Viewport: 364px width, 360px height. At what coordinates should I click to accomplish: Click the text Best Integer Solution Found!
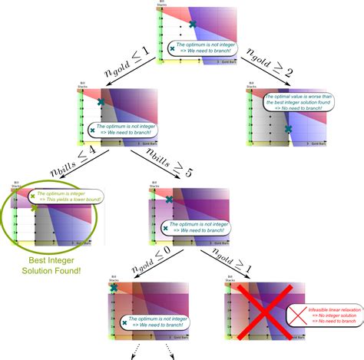51,264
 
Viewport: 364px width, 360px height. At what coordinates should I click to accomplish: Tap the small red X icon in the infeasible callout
296,315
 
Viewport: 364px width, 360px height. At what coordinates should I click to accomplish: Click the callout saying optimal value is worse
299,103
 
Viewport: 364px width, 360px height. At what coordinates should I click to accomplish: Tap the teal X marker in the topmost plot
193,25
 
